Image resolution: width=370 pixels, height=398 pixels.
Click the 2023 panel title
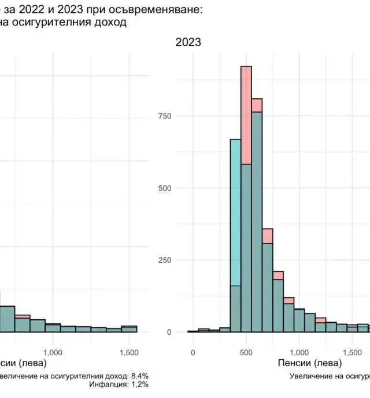pyautogui.click(x=188, y=43)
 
